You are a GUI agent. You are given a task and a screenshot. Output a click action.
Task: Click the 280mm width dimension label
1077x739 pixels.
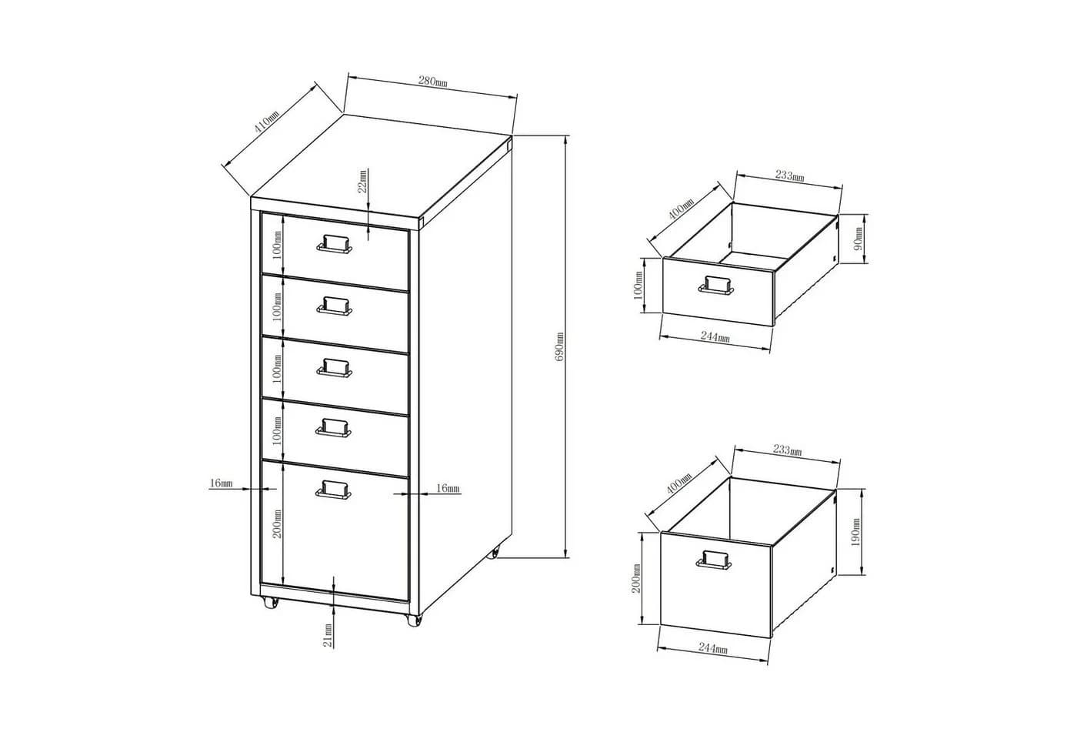[x=432, y=82]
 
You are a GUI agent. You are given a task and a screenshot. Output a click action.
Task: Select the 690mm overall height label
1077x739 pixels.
[x=559, y=347]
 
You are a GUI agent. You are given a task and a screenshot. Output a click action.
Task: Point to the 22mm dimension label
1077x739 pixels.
[x=362, y=181]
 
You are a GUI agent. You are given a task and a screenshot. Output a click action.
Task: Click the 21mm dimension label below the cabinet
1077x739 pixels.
[x=328, y=635]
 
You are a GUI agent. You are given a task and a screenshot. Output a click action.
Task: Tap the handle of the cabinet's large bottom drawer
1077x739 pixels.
[x=333, y=490]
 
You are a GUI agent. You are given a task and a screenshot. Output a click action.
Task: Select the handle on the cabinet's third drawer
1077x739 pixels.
[x=334, y=367]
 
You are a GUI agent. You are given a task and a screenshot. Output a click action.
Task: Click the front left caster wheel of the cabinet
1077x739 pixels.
[x=270, y=603]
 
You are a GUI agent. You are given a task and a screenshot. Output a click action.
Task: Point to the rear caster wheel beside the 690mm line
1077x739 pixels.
[x=494, y=553]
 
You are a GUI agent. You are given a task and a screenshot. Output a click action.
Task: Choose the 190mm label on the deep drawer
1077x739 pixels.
[x=855, y=532]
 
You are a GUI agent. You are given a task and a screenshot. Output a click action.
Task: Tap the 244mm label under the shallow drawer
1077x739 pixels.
[x=715, y=337]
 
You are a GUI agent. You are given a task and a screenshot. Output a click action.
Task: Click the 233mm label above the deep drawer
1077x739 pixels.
[x=787, y=450]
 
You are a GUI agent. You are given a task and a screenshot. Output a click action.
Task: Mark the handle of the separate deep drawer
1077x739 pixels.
[x=715, y=560]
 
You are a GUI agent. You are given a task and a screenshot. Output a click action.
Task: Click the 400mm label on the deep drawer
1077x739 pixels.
[x=679, y=483]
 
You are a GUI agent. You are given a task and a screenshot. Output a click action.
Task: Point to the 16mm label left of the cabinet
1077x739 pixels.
[x=222, y=483]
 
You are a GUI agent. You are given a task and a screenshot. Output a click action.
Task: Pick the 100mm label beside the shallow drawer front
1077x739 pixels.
[x=638, y=285]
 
